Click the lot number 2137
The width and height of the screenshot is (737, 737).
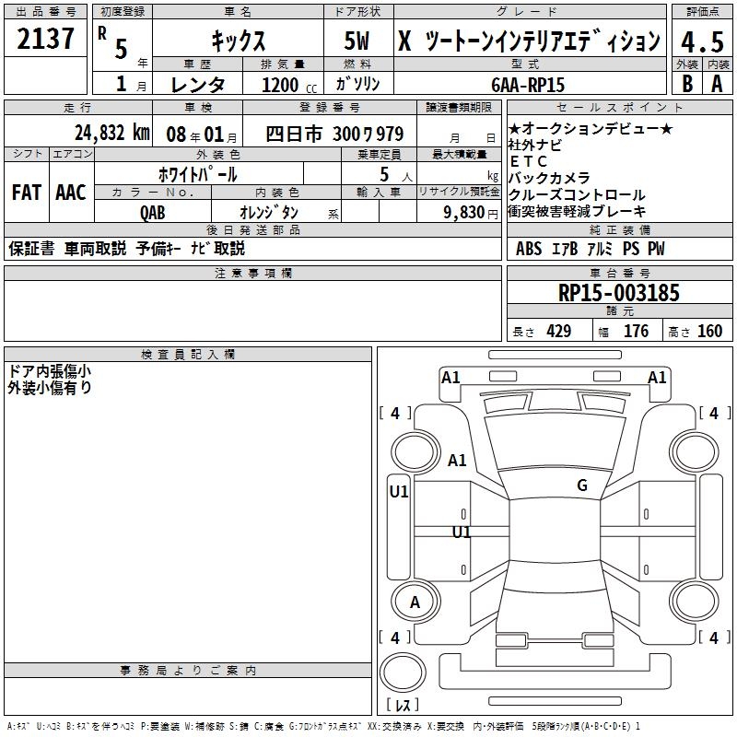(x=45, y=39)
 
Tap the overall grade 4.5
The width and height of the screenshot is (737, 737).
(x=702, y=41)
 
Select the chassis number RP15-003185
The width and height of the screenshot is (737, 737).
(x=618, y=293)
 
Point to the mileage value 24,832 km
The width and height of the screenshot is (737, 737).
(x=111, y=133)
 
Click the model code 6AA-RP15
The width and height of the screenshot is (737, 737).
(x=528, y=85)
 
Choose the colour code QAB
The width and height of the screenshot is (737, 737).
(x=152, y=213)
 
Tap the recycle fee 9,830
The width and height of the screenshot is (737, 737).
(x=463, y=213)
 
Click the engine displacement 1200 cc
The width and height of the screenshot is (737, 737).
(x=289, y=85)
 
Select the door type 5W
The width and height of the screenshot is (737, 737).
(x=357, y=41)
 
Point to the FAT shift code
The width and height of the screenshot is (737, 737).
(x=27, y=193)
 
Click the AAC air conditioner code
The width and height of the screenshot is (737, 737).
(x=71, y=193)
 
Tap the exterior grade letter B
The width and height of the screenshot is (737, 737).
(x=687, y=84)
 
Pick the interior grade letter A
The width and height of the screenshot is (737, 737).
(x=717, y=84)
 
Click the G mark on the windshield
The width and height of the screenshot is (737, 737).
(x=582, y=485)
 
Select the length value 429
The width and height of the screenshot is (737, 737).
(x=558, y=331)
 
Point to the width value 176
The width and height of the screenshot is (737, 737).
(x=636, y=331)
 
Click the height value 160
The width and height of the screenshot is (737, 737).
(x=709, y=331)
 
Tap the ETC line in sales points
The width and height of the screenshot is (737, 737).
(x=528, y=161)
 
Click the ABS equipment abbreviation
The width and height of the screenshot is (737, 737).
(x=529, y=249)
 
